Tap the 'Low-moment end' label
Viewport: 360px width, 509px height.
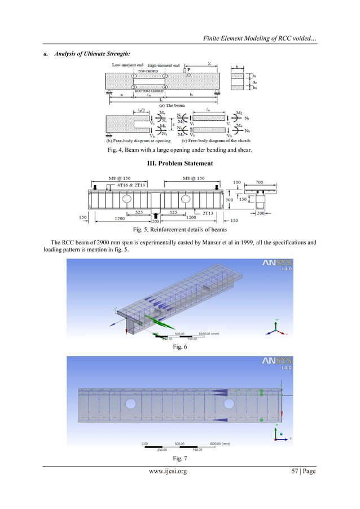[x=128, y=65]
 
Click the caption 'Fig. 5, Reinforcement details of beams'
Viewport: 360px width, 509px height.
[x=180, y=230]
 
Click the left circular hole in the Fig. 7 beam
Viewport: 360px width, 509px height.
[x=130, y=404]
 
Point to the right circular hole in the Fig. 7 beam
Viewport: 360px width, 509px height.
[x=229, y=404]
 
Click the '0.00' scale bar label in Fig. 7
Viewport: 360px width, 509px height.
[x=144, y=444]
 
